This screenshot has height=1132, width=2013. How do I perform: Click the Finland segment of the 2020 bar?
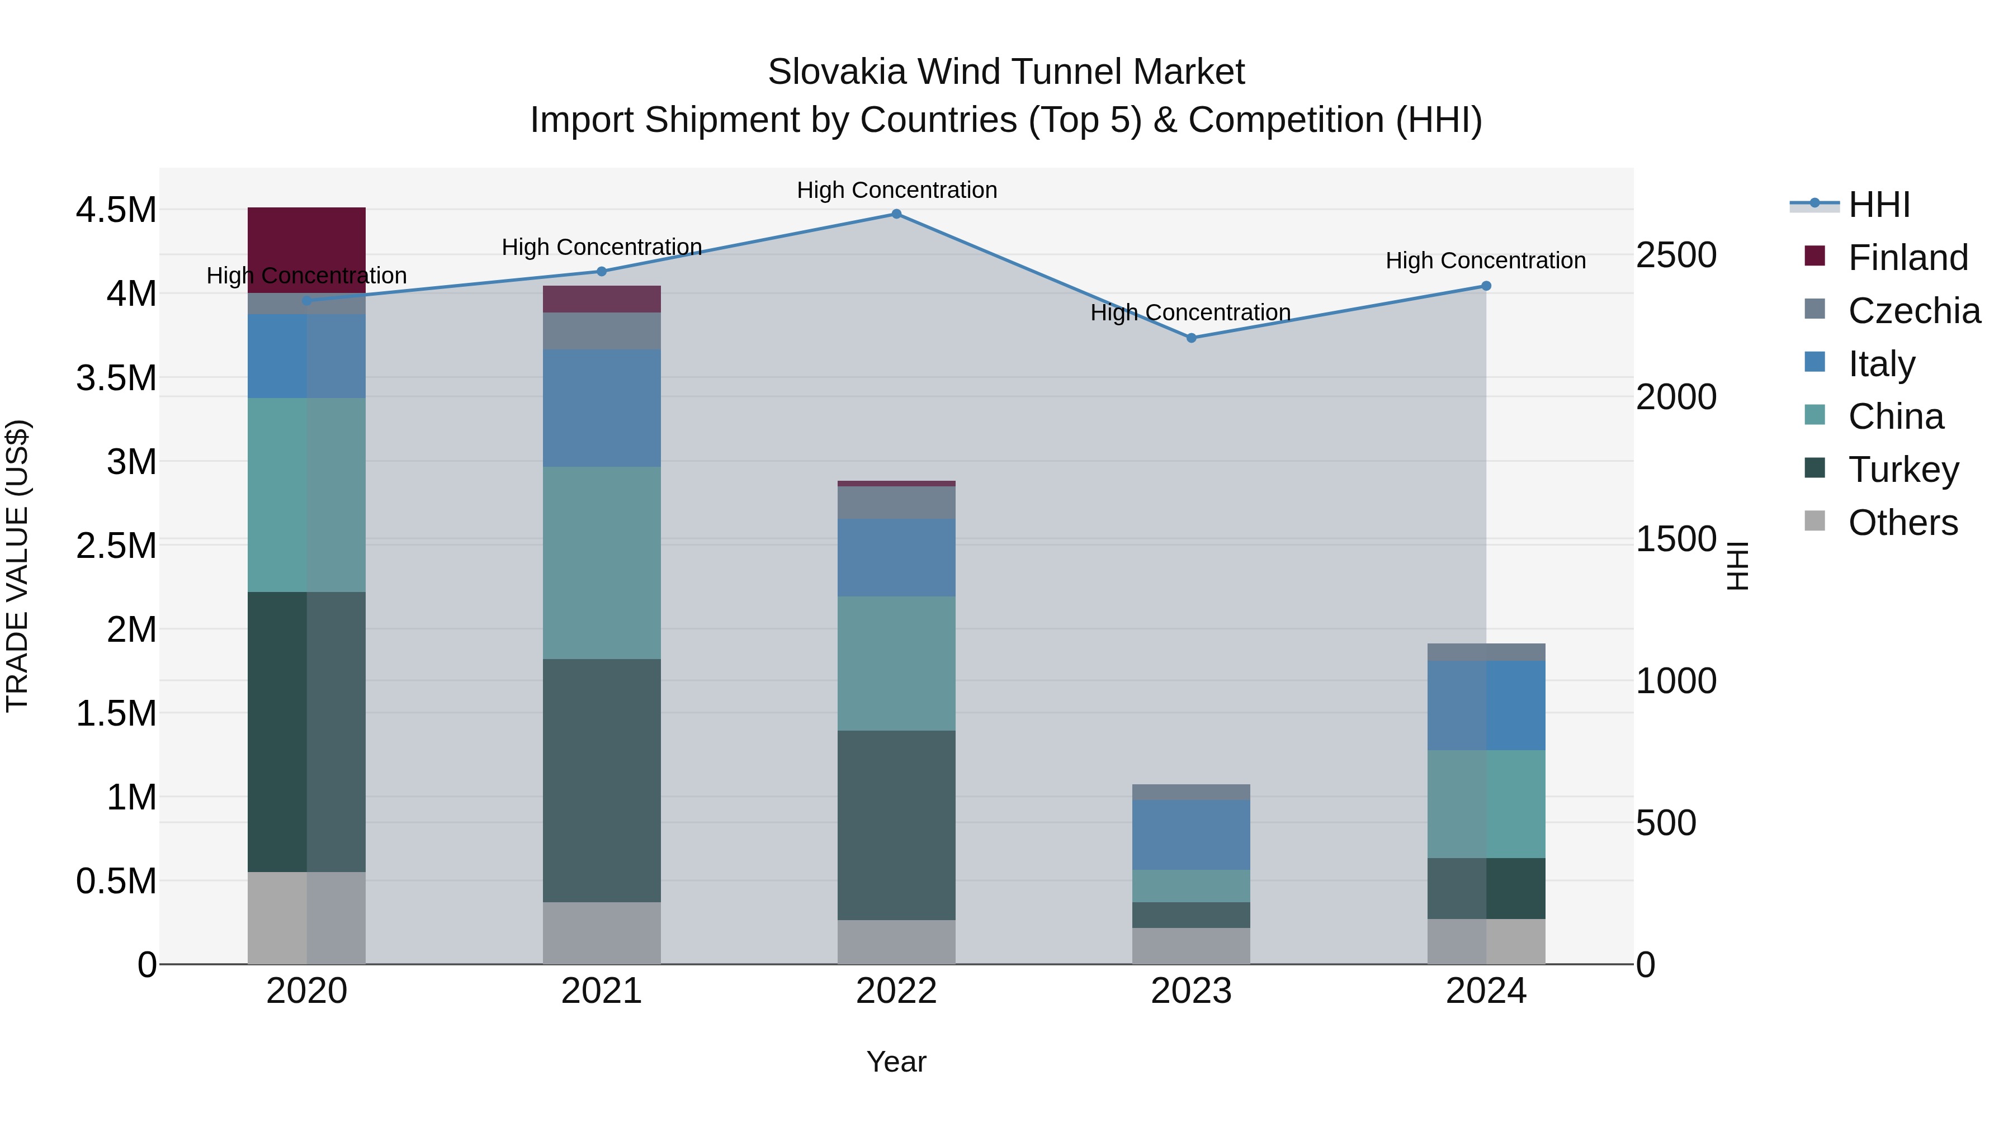[x=306, y=249]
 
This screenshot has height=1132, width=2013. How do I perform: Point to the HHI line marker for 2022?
[x=896, y=214]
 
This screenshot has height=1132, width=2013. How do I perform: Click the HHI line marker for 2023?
[x=1191, y=338]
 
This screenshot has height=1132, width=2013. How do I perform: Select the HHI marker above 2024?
[x=1486, y=286]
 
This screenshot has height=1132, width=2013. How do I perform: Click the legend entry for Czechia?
[x=1913, y=310]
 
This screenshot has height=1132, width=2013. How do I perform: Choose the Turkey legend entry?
[x=1903, y=469]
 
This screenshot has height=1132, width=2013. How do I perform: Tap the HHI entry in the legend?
[x=1879, y=205]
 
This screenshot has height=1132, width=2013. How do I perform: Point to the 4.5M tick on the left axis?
[x=116, y=210]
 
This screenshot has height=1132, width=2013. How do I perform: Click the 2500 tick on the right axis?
[x=1676, y=255]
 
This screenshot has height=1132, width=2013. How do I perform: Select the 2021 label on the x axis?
[x=602, y=991]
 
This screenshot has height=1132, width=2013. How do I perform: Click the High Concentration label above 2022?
[x=896, y=190]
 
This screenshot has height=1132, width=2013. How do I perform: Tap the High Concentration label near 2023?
[x=1190, y=312]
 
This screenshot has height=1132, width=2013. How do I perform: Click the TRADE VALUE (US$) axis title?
[x=17, y=566]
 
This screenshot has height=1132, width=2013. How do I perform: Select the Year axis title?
[x=896, y=1062]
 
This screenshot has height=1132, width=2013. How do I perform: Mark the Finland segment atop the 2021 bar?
[x=602, y=299]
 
